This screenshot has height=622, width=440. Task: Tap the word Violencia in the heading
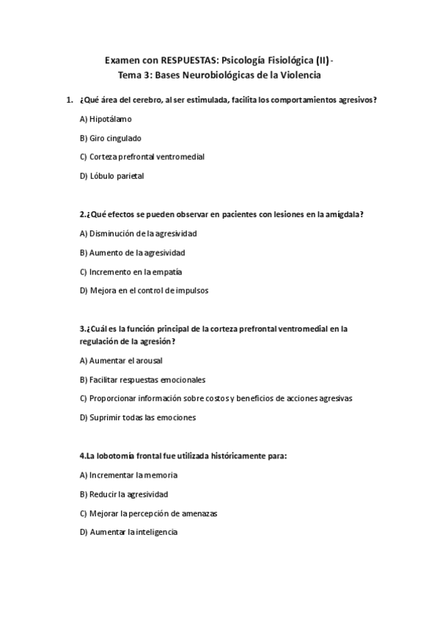pyautogui.click(x=298, y=75)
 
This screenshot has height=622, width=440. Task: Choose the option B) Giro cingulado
pyautogui.click(x=110, y=138)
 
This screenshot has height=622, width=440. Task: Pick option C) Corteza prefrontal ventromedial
pyautogui.click(x=142, y=157)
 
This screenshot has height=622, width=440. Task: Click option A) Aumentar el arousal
pyautogui.click(x=121, y=360)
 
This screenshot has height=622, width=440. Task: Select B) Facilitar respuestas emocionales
pyautogui.click(x=142, y=379)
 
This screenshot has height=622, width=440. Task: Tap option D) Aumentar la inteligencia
pyautogui.click(x=128, y=533)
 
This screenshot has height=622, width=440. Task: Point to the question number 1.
pyautogui.click(x=68, y=100)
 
